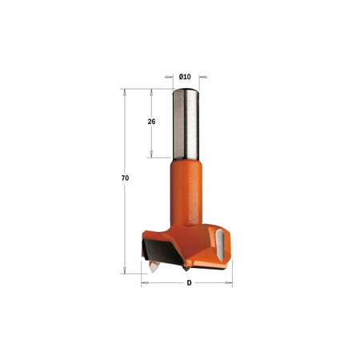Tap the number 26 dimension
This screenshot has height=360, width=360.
click(x=151, y=122)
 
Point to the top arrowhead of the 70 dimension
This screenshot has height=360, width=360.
click(x=125, y=90)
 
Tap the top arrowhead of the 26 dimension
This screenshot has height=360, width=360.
click(x=151, y=90)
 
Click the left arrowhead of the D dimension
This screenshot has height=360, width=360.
click(x=143, y=282)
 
